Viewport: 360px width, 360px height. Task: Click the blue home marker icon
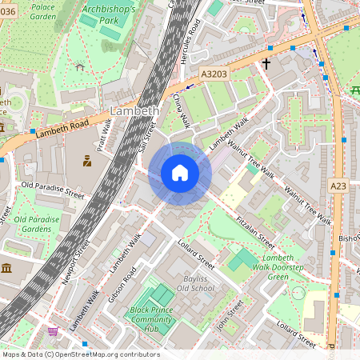coord(180,173)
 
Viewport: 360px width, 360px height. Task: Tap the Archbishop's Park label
coord(110,14)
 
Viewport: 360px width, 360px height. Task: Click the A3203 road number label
coord(214,74)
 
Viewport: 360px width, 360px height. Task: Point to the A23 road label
coord(339,185)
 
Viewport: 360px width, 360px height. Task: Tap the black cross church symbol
coord(266,62)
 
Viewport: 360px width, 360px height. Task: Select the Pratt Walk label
coord(103,135)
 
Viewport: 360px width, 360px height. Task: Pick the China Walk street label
coord(182,110)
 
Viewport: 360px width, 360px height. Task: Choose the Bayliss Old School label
coord(195,282)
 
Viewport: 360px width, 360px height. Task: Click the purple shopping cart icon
coord(54,331)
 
